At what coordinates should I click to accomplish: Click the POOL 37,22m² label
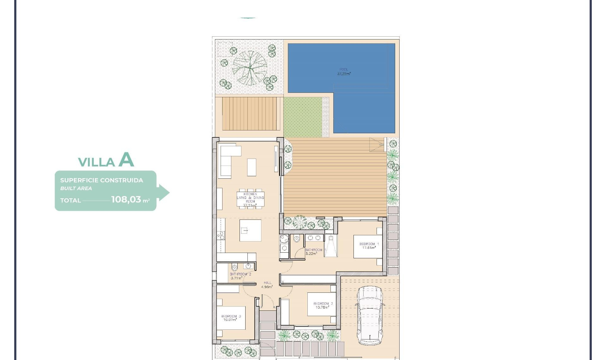(344, 72)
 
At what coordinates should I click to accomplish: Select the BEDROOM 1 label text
(369, 246)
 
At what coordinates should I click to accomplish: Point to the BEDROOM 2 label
(323, 305)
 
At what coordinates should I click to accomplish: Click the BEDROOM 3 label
(231, 318)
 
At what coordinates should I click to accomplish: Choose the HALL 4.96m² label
(267, 285)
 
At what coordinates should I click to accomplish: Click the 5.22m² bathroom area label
(311, 254)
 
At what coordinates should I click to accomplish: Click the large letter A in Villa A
(126, 160)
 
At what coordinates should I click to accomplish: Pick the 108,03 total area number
(126, 199)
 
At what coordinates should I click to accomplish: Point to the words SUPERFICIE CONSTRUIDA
(102, 180)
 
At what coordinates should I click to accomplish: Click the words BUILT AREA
(76, 188)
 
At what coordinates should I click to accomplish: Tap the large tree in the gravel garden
(250, 68)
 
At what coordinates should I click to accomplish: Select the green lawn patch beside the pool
(302, 117)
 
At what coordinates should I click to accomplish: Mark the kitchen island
(250, 231)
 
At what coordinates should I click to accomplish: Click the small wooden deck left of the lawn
(249, 114)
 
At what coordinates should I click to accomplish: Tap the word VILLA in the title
(96, 162)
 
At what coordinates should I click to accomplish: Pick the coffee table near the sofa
(252, 167)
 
